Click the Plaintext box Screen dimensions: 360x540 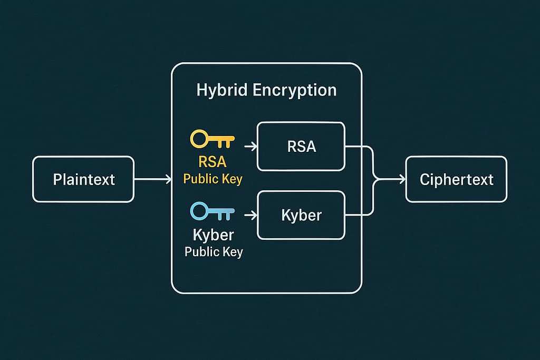[83, 179]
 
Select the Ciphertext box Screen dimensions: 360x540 [456, 179]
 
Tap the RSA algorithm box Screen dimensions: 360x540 [301, 146]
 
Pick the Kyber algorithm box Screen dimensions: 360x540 [301, 215]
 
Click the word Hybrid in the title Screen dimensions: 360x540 [222, 90]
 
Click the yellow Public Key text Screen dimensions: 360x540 [213, 179]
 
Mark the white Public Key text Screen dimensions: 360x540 [214, 251]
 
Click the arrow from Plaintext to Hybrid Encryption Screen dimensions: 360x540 [153, 180]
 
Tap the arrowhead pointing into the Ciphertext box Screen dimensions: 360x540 [401, 180]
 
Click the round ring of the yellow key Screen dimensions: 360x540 [199, 140]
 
